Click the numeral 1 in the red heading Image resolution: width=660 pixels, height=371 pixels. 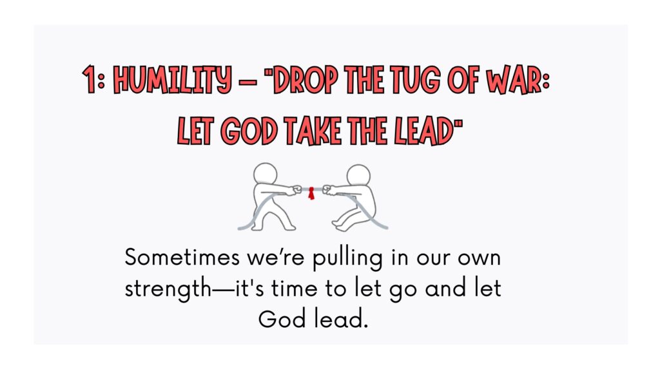(89, 79)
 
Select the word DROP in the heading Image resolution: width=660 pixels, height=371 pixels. (305, 79)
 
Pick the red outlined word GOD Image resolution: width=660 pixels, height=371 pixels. (249, 131)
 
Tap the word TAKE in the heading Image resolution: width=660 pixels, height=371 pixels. (312, 131)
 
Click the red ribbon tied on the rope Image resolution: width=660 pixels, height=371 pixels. (311, 193)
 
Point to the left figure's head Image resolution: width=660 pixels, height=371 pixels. (265, 174)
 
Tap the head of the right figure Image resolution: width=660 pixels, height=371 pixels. (358, 176)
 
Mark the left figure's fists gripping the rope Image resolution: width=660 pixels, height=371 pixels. (296, 190)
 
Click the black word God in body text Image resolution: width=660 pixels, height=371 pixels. (282, 319)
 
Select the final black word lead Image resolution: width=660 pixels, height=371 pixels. (341, 319)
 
